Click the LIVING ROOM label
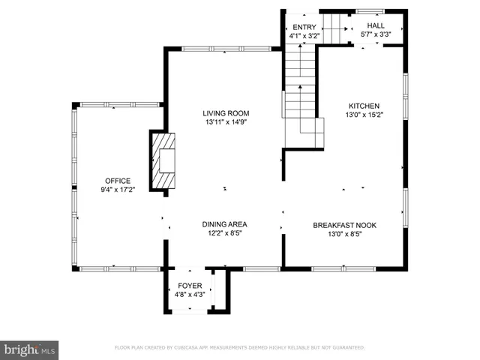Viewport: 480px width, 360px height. pos(225,113)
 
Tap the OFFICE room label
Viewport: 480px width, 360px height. pos(118,181)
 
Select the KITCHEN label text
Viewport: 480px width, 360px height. pos(362,106)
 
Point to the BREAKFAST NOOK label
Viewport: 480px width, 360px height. pos(344,224)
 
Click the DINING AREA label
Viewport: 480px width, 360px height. pos(224,224)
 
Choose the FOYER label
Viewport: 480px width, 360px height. pos(190,286)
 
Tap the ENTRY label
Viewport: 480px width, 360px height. pos(304,27)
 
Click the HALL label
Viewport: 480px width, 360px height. pos(376,25)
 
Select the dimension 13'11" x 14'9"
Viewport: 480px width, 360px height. pos(225,122)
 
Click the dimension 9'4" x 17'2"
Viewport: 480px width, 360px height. pos(118,190)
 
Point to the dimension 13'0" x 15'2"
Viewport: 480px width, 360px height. pos(362,115)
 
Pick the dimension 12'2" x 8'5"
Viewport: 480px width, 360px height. pos(224,233)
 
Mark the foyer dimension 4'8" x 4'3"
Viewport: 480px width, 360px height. pos(190,295)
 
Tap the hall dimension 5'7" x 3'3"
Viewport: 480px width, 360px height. pos(376,34)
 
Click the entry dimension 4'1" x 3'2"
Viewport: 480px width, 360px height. pos(304,36)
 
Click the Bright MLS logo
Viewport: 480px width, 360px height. pos(30,349)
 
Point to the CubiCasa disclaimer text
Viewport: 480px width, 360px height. pos(239,348)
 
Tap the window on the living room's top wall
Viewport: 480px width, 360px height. pos(226,49)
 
